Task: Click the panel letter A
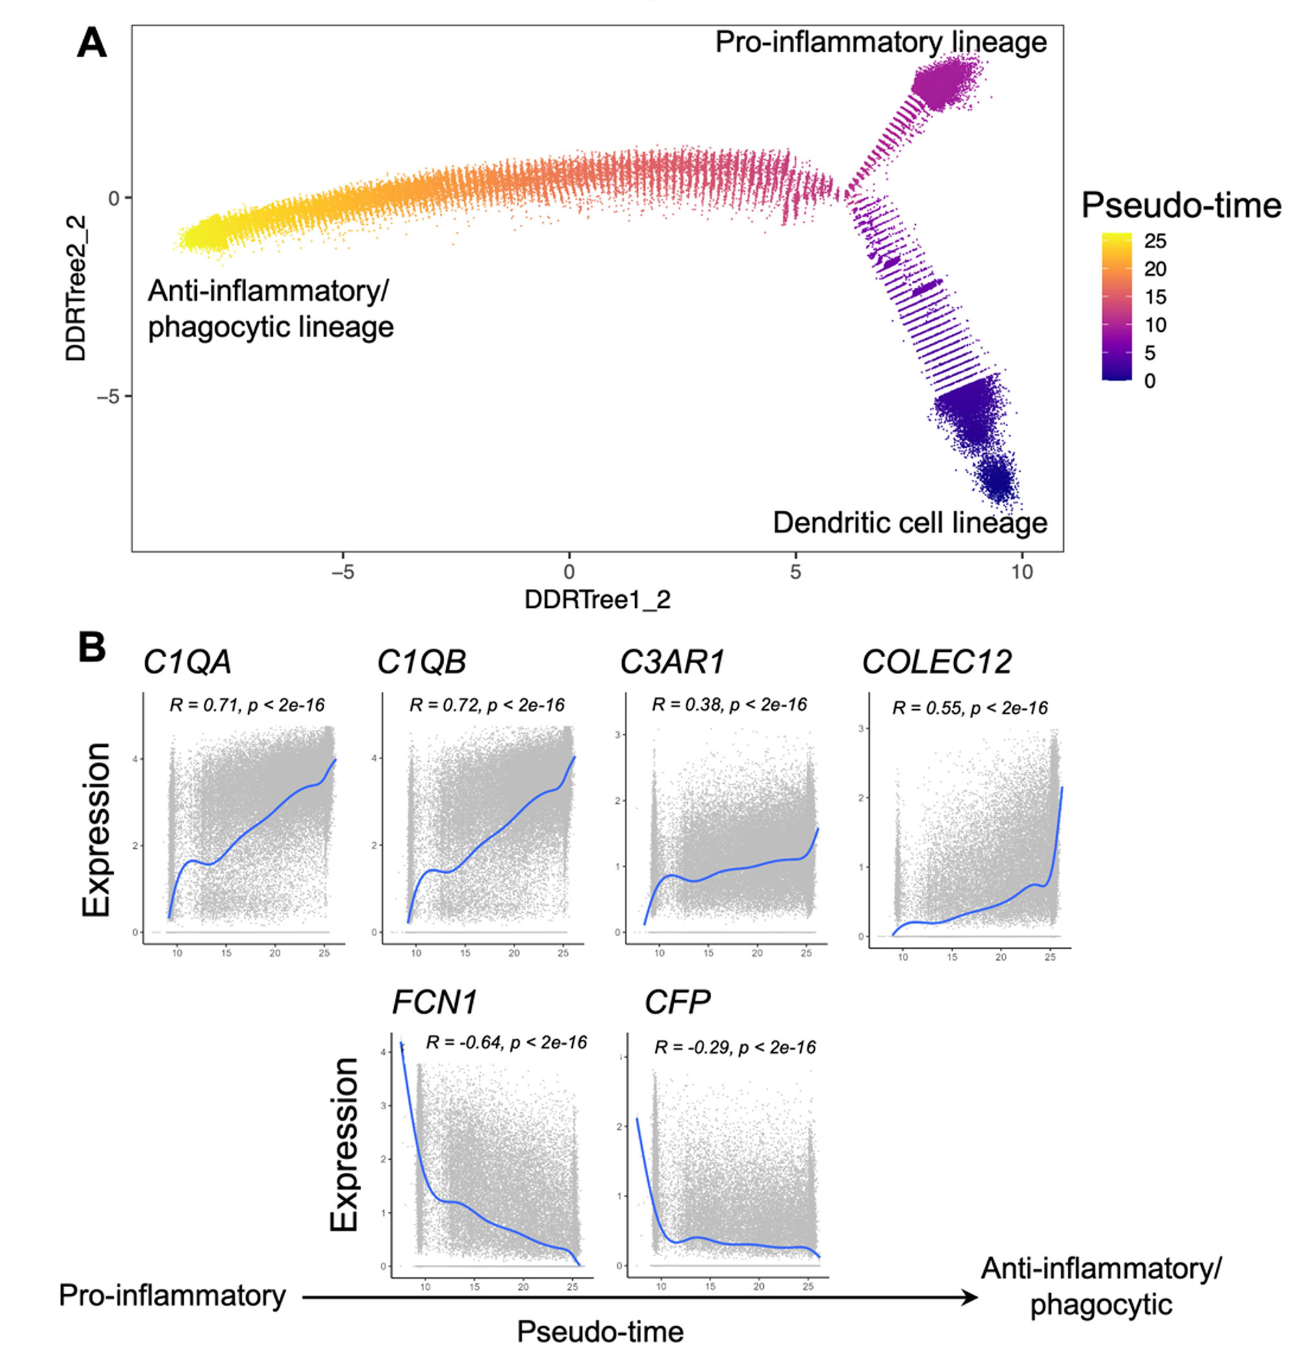(92, 43)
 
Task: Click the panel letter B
(92, 649)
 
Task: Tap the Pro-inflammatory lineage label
(880, 43)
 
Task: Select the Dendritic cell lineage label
(909, 523)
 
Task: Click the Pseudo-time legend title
(1181, 206)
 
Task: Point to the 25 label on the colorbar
(1155, 241)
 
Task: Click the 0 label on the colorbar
(1150, 381)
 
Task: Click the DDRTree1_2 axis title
(597, 599)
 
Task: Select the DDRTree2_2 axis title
(76, 288)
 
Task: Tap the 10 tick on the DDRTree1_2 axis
(1022, 572)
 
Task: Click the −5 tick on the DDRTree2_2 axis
(108, 397)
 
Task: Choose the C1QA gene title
(187, 662)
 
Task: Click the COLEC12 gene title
(936, 662)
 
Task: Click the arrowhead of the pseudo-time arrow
(971, 1298)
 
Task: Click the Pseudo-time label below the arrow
(599, 1331)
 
